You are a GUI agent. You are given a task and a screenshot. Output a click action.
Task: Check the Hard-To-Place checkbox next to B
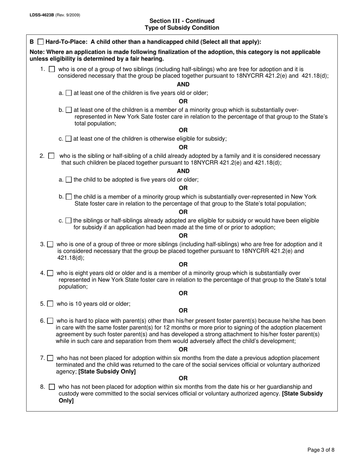pos(41,42)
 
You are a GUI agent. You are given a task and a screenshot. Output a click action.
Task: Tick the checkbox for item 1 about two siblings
pos(52,69)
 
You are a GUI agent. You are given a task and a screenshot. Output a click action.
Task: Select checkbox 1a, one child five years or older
pos(69,93)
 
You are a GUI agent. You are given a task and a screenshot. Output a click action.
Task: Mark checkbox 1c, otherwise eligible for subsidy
pos(68,139)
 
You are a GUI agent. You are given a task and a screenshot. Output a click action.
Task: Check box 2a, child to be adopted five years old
pos(69,180)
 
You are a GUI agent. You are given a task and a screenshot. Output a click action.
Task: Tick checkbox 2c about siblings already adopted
pos(68,220)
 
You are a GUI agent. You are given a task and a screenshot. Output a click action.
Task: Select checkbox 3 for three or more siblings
pos(50,245)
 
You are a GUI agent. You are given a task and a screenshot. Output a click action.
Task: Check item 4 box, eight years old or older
pos(50,273)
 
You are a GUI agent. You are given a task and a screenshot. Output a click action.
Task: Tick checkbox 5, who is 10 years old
pos(50,304)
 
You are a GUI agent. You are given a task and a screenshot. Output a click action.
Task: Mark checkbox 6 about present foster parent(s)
pos(50,321)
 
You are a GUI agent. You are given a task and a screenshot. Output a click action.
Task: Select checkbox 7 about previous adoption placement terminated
pos(50,358)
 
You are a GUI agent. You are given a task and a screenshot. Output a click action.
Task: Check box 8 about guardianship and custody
pos(52,387)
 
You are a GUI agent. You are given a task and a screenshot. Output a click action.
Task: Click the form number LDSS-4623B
pos(42,15)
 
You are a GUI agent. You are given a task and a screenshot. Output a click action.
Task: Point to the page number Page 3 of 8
pos(321,450)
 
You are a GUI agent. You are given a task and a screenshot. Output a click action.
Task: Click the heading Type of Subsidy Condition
pos(182,28)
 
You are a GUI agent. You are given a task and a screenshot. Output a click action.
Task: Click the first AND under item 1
pos(183,84)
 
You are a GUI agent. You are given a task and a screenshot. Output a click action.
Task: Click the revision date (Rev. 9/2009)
pos(68,15)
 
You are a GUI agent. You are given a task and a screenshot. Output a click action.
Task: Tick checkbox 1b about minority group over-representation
pos(69,110)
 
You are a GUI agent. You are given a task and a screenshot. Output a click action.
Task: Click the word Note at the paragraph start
pos(36,52)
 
